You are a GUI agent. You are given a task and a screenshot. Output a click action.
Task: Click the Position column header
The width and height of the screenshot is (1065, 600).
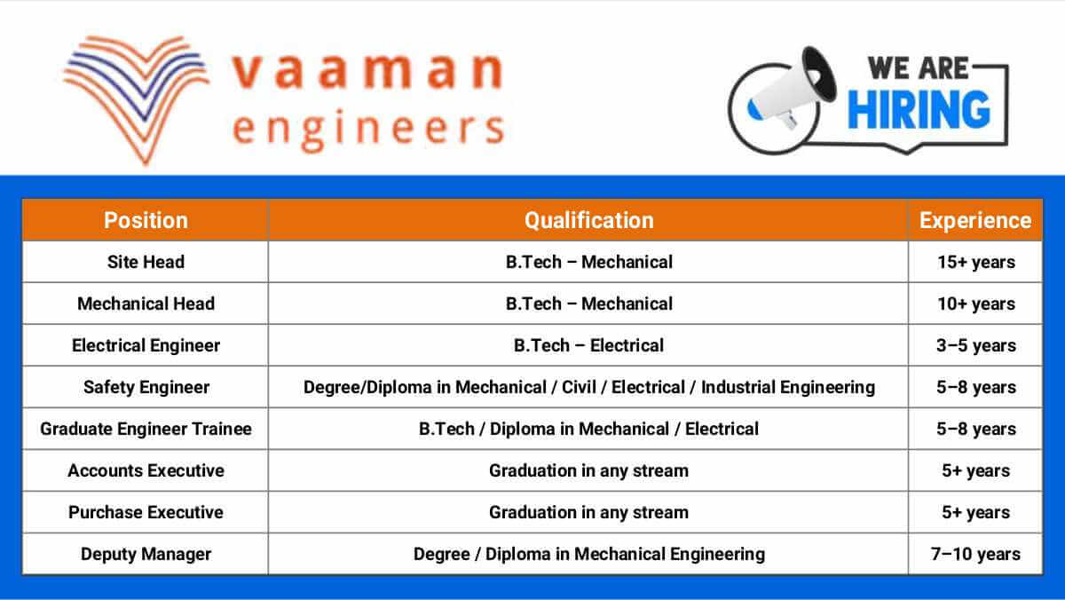click(x=146, y=220)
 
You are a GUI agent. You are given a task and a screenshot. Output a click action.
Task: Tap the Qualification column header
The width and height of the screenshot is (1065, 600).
click(x=588, y=220)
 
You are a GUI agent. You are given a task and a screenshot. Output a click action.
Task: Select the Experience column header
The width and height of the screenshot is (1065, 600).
click(x=975, y=220)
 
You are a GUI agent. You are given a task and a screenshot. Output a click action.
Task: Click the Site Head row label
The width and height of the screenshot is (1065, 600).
click(x=146, y=262)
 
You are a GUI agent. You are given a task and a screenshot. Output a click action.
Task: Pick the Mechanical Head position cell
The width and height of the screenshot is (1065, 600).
click(x=146, y=304)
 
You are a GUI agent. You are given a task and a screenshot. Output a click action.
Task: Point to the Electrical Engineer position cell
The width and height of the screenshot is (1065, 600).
click(x=146, y=345)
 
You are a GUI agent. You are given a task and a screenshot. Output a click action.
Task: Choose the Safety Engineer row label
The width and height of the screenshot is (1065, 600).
click(x=146, y=387)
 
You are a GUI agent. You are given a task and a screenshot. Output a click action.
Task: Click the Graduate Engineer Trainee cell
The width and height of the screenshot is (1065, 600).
click(x=146, y=429)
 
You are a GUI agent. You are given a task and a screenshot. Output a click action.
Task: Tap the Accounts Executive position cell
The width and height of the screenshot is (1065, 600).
click(x=146, y=470)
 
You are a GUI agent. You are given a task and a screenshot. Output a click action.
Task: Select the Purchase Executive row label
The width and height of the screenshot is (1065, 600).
click(x=146, y=512)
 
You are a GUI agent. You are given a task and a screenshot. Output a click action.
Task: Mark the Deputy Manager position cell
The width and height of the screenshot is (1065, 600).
click(x=146, y=554)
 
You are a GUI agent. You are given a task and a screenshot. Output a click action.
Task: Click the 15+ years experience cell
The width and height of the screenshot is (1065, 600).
click(x=975, y=262)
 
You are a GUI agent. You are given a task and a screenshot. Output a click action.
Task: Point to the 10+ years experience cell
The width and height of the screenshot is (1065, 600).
click(x=975, y=304)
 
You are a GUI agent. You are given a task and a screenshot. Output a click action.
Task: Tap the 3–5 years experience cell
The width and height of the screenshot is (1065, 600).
click(x=975, y=345)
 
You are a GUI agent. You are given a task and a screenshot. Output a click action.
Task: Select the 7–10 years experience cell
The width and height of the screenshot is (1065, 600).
click(x=975, y=554)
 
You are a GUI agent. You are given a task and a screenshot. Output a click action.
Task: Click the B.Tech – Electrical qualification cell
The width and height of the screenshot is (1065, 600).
click(x=588, y=345)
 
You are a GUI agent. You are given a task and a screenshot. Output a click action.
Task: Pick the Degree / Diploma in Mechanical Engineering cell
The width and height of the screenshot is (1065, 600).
click(x=588, y=554)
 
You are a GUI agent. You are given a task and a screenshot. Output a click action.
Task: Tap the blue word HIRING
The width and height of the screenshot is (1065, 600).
click(x=919, y=109)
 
